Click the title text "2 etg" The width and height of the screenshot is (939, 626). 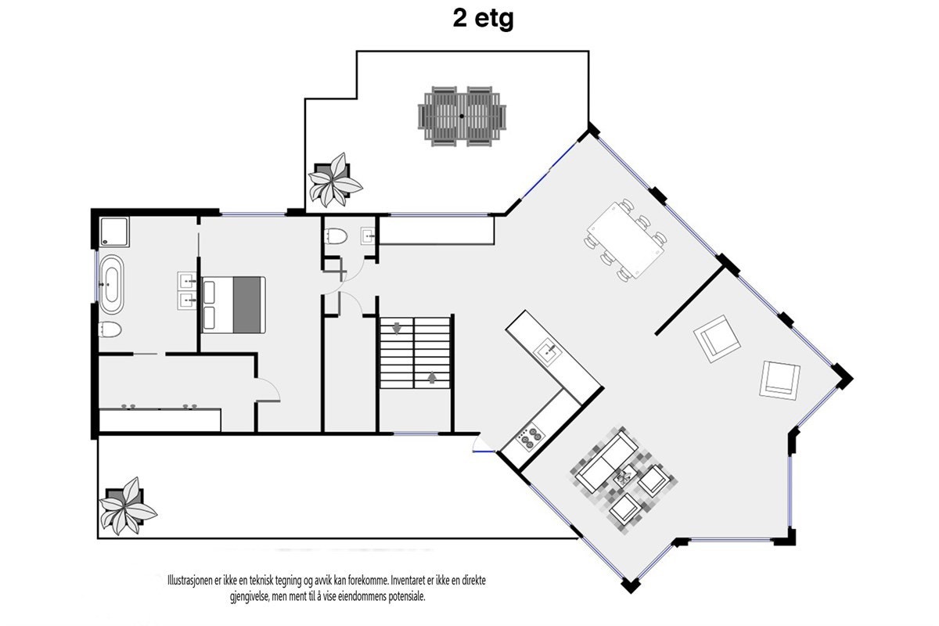pos(483,19)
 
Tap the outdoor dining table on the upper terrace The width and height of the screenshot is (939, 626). pos(462,116)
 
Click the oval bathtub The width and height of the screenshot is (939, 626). pos(110,281)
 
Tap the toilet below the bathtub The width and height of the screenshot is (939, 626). pos(109,329)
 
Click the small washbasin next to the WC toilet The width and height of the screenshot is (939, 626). pos(368,235)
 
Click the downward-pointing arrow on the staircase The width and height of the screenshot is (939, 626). pos(398,327)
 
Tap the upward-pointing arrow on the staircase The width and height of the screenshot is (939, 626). pos(432,378)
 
